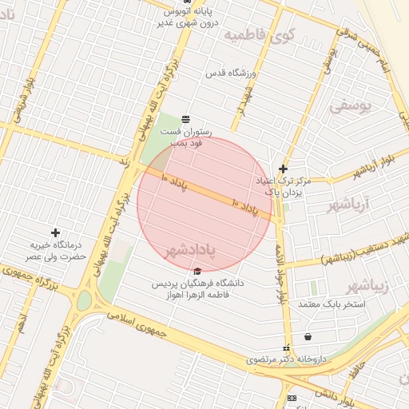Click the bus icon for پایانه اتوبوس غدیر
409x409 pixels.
pos(186,2)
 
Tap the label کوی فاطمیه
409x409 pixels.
pos(259,34)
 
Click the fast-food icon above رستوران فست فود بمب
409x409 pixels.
pos(185,118)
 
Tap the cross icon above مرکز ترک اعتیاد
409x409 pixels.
pos(283,169)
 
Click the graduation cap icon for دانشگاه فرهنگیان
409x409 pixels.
pos(197,269)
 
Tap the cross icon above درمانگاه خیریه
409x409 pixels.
pos(55,232)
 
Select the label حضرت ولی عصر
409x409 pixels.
pos(54,256)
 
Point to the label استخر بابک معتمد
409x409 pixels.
pos(331,304)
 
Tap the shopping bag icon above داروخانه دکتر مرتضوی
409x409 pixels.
pos(308,337)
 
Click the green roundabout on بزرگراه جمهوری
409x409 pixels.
pos(83,300)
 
